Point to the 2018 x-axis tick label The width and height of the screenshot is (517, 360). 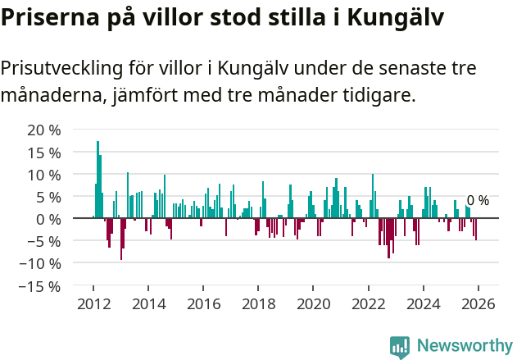coord(258,303)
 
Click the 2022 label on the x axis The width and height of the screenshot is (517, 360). coord(368,303)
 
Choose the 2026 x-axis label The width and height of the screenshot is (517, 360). coord(478,303)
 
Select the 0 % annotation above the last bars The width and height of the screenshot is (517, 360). coord(478,201)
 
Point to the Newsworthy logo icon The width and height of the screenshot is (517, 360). coord(400,347)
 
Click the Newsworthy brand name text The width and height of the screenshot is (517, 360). coord(465,347)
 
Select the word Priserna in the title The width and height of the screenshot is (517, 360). coord(49,18)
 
